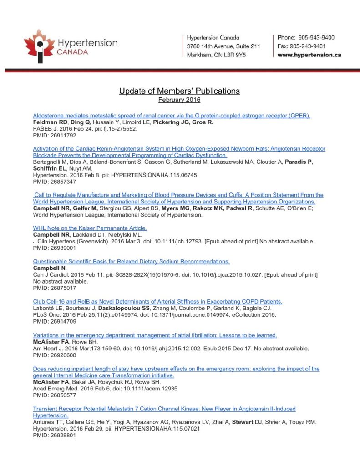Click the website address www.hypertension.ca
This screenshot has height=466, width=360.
[x=309, y=55]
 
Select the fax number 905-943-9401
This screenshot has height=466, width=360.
[x=302, y=46]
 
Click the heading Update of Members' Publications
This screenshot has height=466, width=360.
[x=179, y=91]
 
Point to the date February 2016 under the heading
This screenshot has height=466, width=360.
[x=179, y=100]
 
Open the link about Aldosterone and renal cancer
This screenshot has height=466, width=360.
[x=172, y=116]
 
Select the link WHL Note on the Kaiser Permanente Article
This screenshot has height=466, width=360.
[x=90, y=228]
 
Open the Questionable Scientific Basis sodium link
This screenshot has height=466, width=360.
[x=131, y=262]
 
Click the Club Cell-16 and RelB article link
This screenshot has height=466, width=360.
[x=158, y=302]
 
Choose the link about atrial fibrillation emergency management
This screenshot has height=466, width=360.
[x=155, y=335]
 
